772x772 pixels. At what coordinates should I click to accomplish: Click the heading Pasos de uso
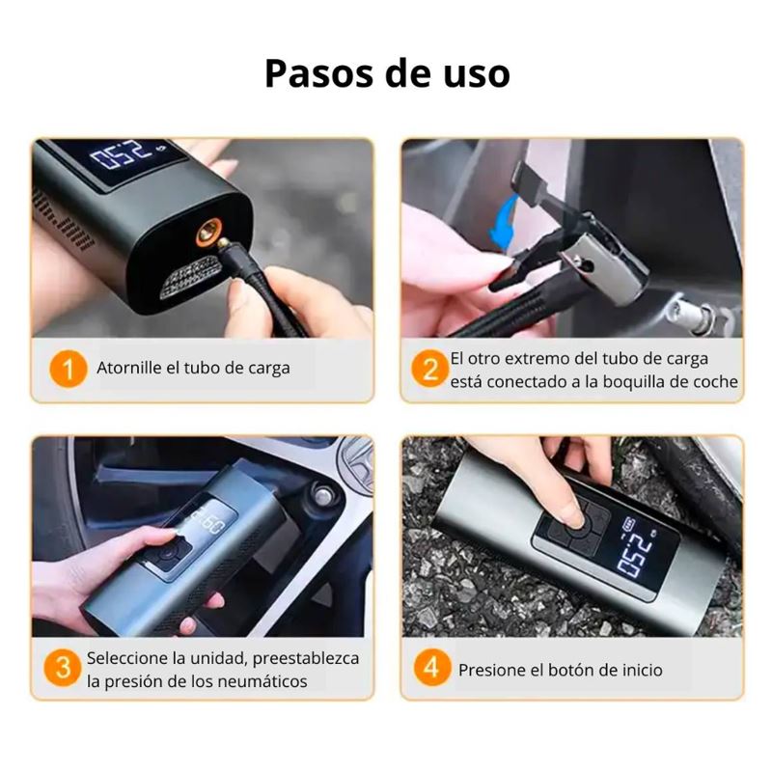387,74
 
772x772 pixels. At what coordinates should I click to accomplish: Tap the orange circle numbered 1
68,369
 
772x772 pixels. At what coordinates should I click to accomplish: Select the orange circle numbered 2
429,369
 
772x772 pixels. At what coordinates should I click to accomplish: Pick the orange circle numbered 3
63,668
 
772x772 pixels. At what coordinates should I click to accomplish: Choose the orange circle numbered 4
431,668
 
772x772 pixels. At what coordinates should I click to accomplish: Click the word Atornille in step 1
129,368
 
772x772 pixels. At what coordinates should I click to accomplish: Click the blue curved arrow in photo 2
502,221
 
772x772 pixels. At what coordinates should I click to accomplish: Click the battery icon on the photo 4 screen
629,523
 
